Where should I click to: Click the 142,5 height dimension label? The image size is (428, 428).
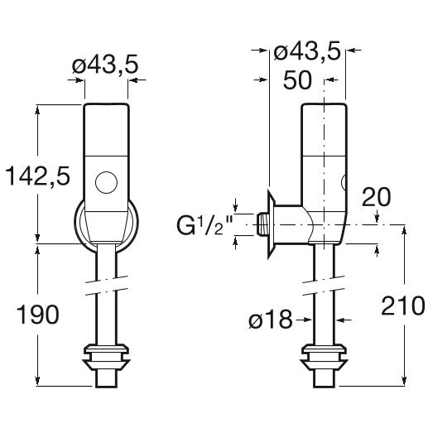click(x=38, y=176)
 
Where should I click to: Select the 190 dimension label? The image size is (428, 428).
click(x=38, y=315)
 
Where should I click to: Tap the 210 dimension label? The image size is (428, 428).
click(x=403, y=305)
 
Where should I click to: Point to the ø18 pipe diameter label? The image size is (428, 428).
click(x=271, y=320)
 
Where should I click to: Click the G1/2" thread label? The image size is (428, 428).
click(x=204, y=225)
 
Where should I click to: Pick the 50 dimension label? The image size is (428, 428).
click(x=297, y=80)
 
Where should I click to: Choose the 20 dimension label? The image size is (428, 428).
click(x=376, y=197)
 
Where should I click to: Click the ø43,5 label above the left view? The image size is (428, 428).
click(x=105, y=65)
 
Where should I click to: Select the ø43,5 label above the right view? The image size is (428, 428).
click(x=307, y=51)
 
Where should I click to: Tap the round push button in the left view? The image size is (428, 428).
click(x=106, y=182)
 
